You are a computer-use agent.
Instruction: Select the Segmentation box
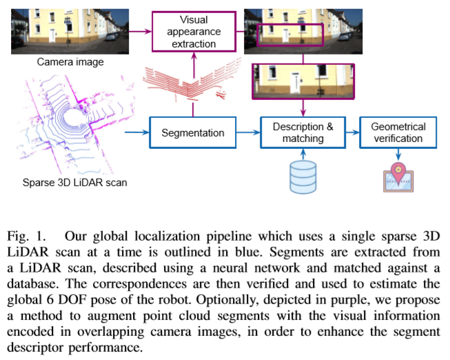click(x=193, y=132)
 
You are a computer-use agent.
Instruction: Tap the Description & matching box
click(x=303, y=132)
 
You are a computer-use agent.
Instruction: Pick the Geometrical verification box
click(x=398, y=132)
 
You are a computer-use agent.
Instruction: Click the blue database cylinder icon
click(x=303, y=177)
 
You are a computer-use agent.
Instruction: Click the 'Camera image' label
click(x=70, y=62)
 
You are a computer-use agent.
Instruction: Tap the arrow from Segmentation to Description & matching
click(x=247, y=132)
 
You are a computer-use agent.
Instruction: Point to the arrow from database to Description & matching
click(x=303, y=155)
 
